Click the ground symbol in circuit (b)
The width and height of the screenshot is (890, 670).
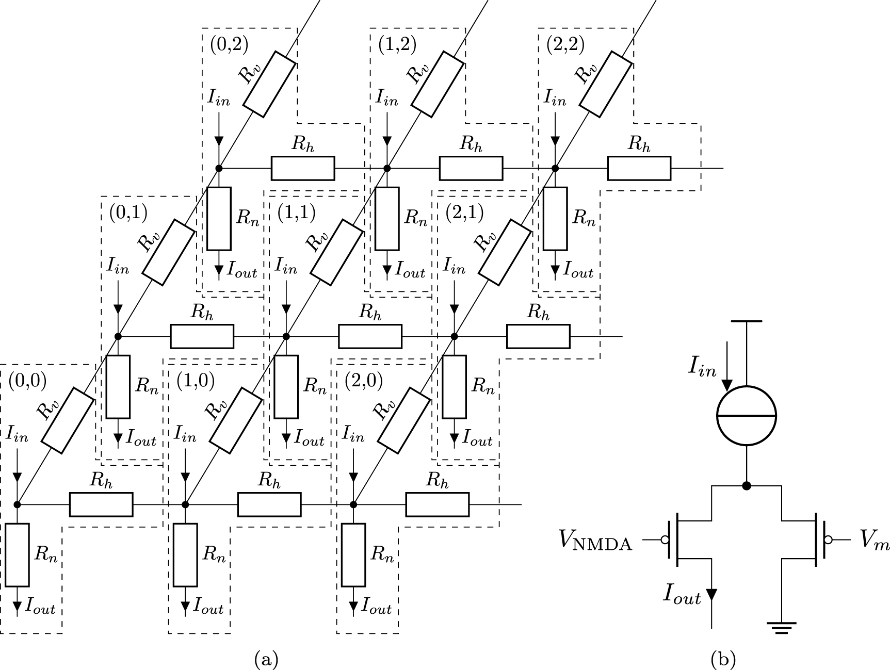point(781,627)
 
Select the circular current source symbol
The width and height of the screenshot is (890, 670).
point(747,415)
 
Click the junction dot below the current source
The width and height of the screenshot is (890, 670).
point(746,485)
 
